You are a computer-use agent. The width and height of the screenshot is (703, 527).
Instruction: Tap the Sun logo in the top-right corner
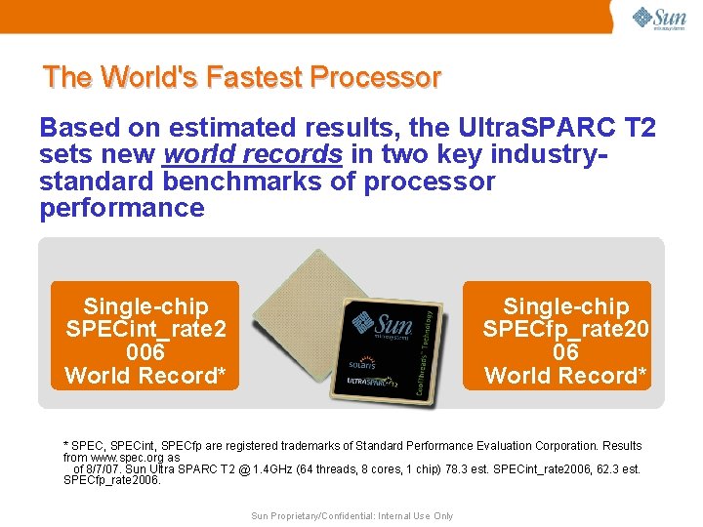pyautogui.click(x=659, y=19)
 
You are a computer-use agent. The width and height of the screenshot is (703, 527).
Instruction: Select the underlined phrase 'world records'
pyautogui.click(x=253, y=154)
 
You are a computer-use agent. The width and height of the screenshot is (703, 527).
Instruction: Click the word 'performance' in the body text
pyautogui.click(x=122, y=208)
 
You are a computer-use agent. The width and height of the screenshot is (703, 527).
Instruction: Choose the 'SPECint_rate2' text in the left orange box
pyautogui.click(x=145, y=329)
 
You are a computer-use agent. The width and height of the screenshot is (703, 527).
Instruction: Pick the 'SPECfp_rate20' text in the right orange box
pyautogui.click(x=566, y=329)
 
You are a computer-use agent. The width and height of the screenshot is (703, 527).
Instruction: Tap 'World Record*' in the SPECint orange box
pyautogui.click(x=145, y=376)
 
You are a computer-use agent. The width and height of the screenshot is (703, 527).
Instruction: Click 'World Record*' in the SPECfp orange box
pyautogui.click(x=566, y=376)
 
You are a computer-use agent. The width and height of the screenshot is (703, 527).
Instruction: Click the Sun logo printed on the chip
pyautogui.click(x=382, y=323)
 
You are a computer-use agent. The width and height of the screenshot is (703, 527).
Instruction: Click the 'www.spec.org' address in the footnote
pyautogui.click(x=120, y=457)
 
